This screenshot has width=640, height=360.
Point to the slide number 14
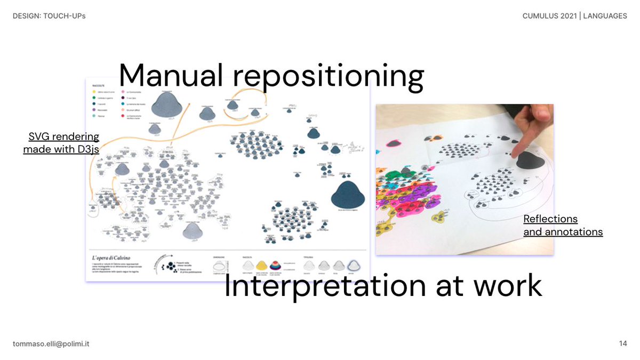tap(623, 344)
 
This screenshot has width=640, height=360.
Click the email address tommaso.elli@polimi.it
tap(51, 344)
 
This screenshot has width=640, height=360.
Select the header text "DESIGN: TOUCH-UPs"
tap(49, 16)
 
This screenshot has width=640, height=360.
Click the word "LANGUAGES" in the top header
tap(605, 16)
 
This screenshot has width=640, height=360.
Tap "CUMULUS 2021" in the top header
tap(550, 16)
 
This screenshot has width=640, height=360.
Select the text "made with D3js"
tap(61, 149)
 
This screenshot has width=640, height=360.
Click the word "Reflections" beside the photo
tap(550, 219)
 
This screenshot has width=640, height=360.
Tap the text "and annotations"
tap(563, 232)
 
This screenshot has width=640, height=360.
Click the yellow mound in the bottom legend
tap(262, 265)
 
